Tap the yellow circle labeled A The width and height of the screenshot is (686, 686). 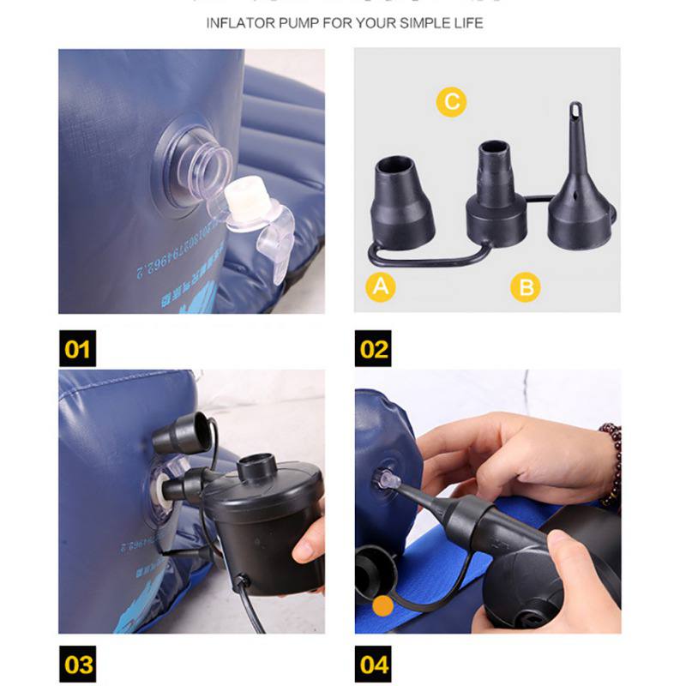(381, 286)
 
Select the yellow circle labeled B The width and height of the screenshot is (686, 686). (526, 286)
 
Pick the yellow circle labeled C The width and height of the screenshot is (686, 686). (451, 103)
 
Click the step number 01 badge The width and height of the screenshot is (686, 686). (77, 349)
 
